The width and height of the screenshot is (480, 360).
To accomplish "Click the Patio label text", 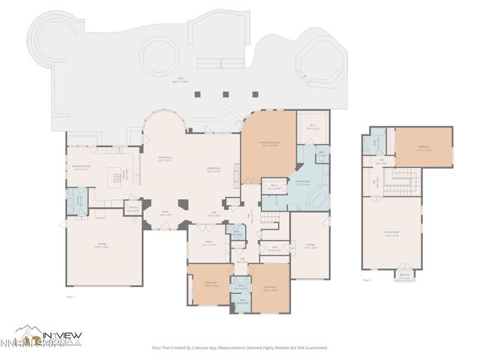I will pos(180,79).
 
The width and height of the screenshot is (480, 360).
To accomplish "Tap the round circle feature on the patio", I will pos(158,55).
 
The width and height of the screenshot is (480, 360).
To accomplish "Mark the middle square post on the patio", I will pos(225,94).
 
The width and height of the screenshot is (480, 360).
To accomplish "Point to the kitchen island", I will pos(117,178).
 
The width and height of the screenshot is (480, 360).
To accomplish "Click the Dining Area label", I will pos(166,158).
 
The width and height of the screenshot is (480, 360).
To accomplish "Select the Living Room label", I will pos(213,169).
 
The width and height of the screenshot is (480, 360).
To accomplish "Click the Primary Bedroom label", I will pos(269,145).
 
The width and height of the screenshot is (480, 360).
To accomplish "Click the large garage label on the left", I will pos(102,245).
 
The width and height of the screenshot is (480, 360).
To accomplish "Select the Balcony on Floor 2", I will pos(405,275).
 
